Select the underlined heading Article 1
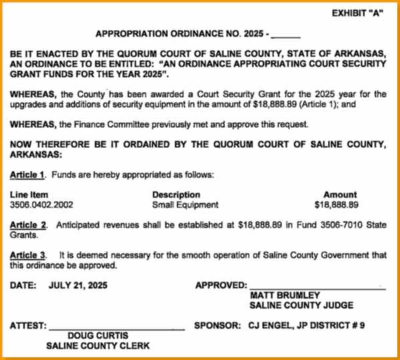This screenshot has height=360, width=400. (27, 175)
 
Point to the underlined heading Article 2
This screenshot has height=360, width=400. (27, 225)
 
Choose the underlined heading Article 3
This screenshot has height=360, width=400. (27, 255)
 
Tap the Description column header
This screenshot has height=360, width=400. (176, 195)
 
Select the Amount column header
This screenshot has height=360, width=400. (340, 195)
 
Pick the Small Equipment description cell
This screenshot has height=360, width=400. (185, 205)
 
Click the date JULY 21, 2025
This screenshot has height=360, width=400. (77, 285)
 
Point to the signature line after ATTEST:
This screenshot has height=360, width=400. (116, 328)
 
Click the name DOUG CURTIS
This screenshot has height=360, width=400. (98, 335)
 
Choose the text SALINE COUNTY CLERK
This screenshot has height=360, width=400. (98, 345)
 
